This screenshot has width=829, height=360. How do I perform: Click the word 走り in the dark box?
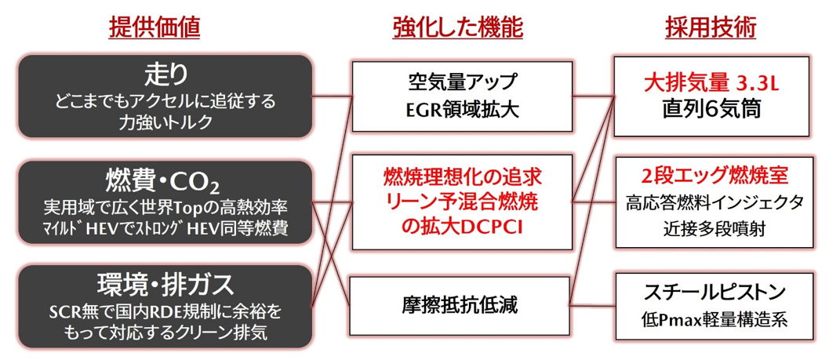pos(165,74)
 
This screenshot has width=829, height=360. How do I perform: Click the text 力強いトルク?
pos(165,122)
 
